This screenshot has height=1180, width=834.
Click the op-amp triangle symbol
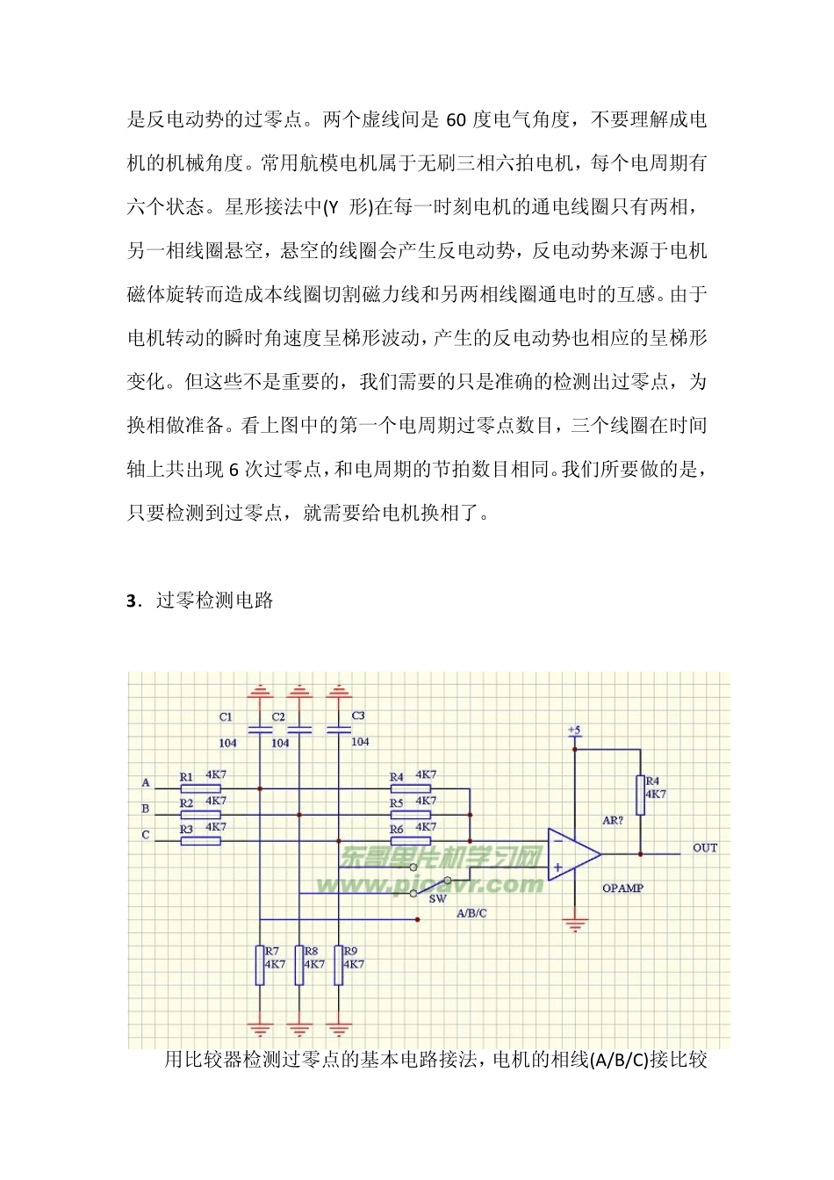[572, 853]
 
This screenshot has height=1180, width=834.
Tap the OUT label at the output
[705, 848]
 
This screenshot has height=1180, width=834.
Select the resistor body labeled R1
[200, 788]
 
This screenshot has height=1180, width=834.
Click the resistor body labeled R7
[260, 965]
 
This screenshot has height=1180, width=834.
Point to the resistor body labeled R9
[339, 965]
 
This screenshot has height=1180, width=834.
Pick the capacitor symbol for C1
[260, 730]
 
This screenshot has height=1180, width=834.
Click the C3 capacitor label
[358, 716]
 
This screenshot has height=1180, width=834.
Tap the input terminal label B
[146, 809]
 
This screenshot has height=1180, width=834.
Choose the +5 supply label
[573, 730]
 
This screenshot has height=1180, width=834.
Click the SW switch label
[437, 898]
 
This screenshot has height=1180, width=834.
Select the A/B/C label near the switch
[471, 913]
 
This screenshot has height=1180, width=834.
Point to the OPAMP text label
[622, 889]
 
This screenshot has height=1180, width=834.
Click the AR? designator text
[613, 821]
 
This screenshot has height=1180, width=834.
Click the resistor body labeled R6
[410, 840]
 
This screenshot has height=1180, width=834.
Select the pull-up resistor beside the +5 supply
[640, 795]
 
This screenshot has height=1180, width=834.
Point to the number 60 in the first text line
[457, 120]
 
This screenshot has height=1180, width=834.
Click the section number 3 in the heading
[132, 601]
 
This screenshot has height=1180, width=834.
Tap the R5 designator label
[397, 803]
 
